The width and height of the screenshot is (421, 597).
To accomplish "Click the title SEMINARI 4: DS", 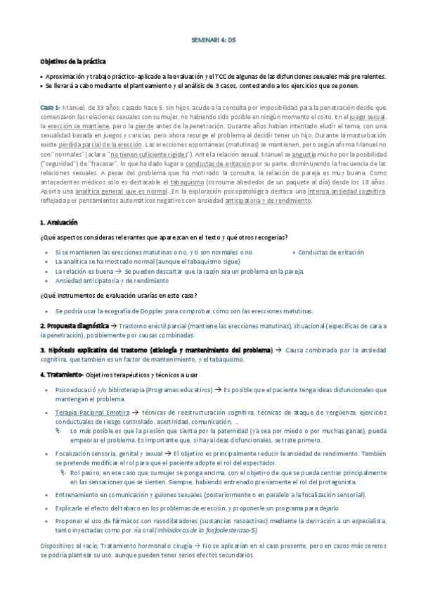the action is pos(214,41).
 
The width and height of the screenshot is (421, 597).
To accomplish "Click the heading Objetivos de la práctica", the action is pos(72,62).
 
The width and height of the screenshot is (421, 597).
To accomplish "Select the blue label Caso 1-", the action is pos(50,106).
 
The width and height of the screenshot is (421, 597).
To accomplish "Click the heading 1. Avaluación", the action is pos(63,222).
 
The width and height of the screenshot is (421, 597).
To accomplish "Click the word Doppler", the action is pos(174,310).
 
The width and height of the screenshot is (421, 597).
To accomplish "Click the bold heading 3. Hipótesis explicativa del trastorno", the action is pos(155,349).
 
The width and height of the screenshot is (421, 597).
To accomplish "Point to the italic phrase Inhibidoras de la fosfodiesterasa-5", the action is pos(205,529).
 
